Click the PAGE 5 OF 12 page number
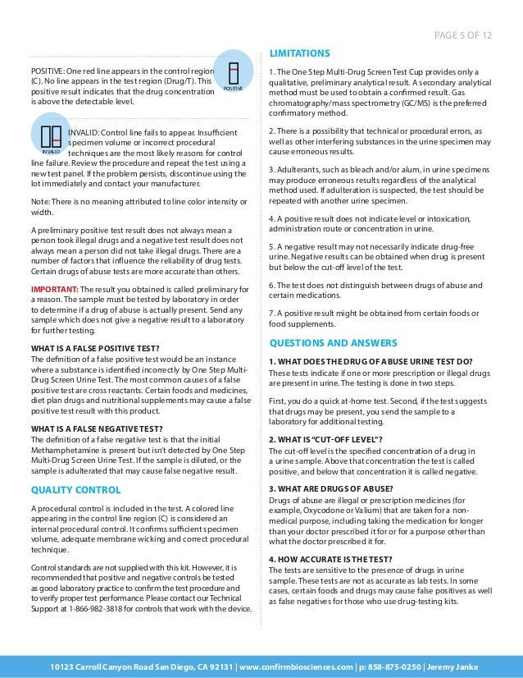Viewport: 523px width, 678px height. click(467, 34)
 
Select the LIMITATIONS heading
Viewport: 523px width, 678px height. click(300, 54)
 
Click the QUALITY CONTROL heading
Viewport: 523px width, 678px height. click(75, 490)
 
